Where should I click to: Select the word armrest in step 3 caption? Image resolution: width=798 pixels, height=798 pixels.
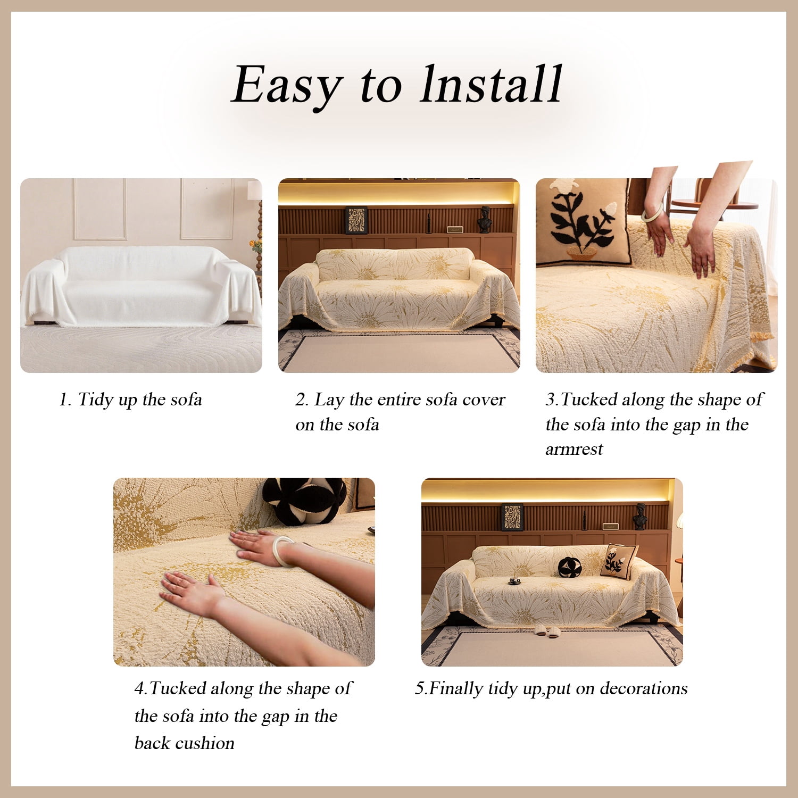[x=574, y=450]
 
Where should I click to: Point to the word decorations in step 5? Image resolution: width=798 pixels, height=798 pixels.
[x=644, y=688]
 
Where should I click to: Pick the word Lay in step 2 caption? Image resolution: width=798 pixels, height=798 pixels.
[x=329, y=400]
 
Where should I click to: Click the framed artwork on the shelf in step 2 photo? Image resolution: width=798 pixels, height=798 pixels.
[x=356, y=220]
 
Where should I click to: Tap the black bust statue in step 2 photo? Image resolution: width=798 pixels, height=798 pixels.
[x=484, y=219]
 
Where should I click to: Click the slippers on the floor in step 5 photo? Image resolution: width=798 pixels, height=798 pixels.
[x=547, y=631]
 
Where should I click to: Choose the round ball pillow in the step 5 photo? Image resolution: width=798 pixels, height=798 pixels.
[x=569, y=567]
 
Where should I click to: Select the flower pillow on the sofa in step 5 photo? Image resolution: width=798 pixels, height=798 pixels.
[x=619, y=562]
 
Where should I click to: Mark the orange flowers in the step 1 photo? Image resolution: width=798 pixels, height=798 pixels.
[x=256, y=245]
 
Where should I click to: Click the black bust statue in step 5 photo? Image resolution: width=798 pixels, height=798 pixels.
[x=639, y=516]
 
